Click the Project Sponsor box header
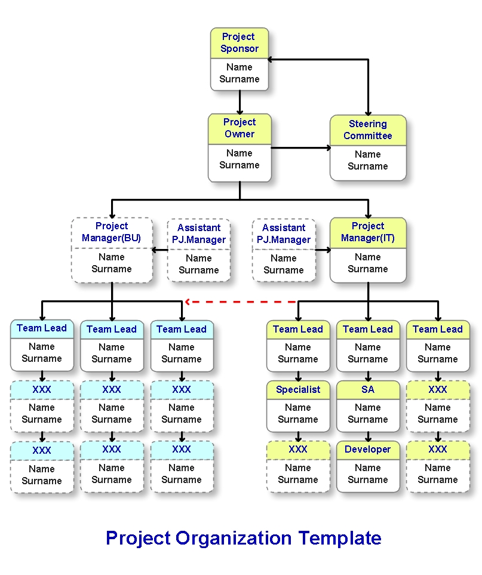click(x=240, y=43)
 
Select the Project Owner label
click(x=240, y=128)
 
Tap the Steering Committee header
click(x=368, y=130)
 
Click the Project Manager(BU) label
click(x=112, y=232)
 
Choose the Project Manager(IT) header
click(x=368, y=232)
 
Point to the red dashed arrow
click(x=242, y=302)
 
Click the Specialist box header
click(x=298, y=390)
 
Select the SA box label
click(x=368, y=390)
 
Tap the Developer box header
click(x=368, y=450)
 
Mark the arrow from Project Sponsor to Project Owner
click(x=240, y=102)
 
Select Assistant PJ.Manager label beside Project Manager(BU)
click(x=199, y=234)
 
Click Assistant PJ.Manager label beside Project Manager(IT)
click(x=284, y=234)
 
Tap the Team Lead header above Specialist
click(x=298, y=330)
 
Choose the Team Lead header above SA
click(x=368, y=330)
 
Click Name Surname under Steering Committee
click(x=368, y=161)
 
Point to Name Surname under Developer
click(x=368, y=474)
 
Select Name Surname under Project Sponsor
click(x=240, y=73)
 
